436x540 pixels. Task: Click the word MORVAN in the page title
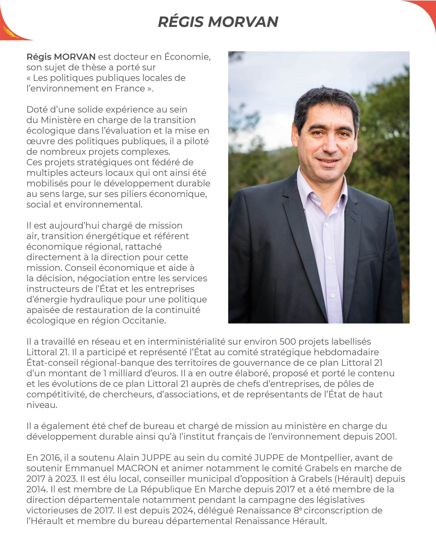[243, 22]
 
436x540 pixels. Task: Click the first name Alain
[128, 458]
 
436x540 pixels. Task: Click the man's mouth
[328, 160]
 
